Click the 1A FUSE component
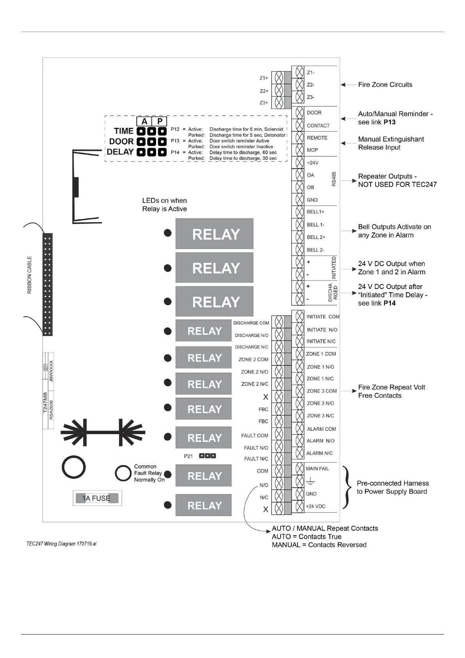(97, 498)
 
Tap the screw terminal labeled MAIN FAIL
(299, 468)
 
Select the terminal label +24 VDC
(315, 506)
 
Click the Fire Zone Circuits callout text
(385, 85)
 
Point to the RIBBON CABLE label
(30, 275)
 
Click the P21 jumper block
(207, 456)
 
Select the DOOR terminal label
(314, 113)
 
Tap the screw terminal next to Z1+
(279, 78)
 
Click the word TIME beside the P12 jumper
(123, 131)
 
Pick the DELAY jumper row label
(120, 152)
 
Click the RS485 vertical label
(334, 179)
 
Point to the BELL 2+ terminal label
(316, 237)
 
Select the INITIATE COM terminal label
(323, 317)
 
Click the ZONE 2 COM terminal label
(253, 359)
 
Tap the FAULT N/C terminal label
(256, 459)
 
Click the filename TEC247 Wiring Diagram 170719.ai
(61, 544)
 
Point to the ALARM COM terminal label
(321, 429)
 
